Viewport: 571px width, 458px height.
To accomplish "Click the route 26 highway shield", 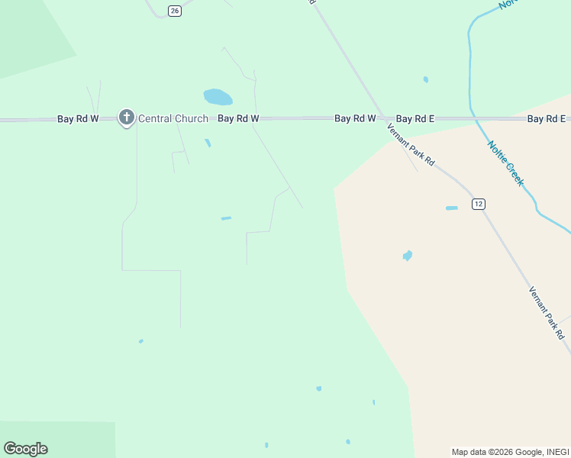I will pyautogui.click(x=175, y=11).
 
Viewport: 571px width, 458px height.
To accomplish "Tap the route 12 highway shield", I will pyautogui.click(x=478, y=204).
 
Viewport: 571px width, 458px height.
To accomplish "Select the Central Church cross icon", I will pyautogui.click(x=126, y=118).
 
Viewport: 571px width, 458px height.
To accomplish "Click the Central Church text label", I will pyautogui.click(x=173, y=118).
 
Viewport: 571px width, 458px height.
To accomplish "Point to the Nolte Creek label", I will pyautogui.click(x=505, y=163).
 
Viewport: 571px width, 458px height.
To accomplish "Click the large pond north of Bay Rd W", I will pyautogui.click(x=218, y=97).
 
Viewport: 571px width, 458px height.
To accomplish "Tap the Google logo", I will pyautogui.click(x=25, y=449).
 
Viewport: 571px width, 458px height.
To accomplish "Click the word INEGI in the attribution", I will pyautogui.click(x=556, y=452).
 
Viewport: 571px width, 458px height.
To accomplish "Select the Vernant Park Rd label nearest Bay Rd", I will pyautogui.click(x=411, y=144).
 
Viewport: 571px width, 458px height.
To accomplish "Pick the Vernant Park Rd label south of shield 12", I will pyautogui.click(x=547, y=313).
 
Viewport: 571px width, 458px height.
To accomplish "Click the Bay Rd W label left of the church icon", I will pyautogui.click(x=78, y=119).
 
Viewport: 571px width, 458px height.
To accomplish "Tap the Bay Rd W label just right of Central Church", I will pyautogui.click(x=238, y=118).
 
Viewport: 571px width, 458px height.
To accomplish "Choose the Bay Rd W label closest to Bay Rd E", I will pyautogui.click(x=355, y=118).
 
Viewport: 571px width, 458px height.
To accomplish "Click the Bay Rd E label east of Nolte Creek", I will pyautogui.click(x=547, y=118).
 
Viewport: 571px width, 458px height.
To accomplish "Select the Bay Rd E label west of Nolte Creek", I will pyautogui.click(x=415, y=118).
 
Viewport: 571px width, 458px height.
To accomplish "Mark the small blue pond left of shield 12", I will pyautogui.click(x=452, y=208).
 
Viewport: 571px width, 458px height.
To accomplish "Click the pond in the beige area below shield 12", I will pyautogui.click(x=408, y=256).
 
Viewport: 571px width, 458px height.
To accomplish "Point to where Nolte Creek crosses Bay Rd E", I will pyautogui.click(x=473, y=118).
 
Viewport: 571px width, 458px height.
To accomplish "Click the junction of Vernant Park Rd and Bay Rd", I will pyautogui.click(x=382, y=118).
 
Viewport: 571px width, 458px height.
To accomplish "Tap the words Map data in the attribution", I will pyautogui.click(x=469, y=452).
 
